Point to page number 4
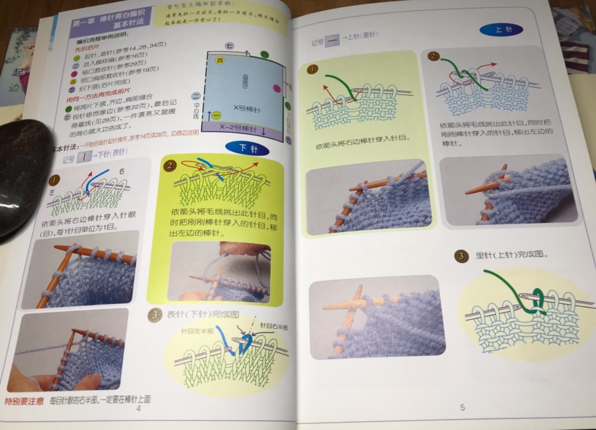(138, 409)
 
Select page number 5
(462, 408)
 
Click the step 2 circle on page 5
(434, 56)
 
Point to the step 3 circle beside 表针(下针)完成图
(155, 314)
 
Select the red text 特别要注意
(23, 400)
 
